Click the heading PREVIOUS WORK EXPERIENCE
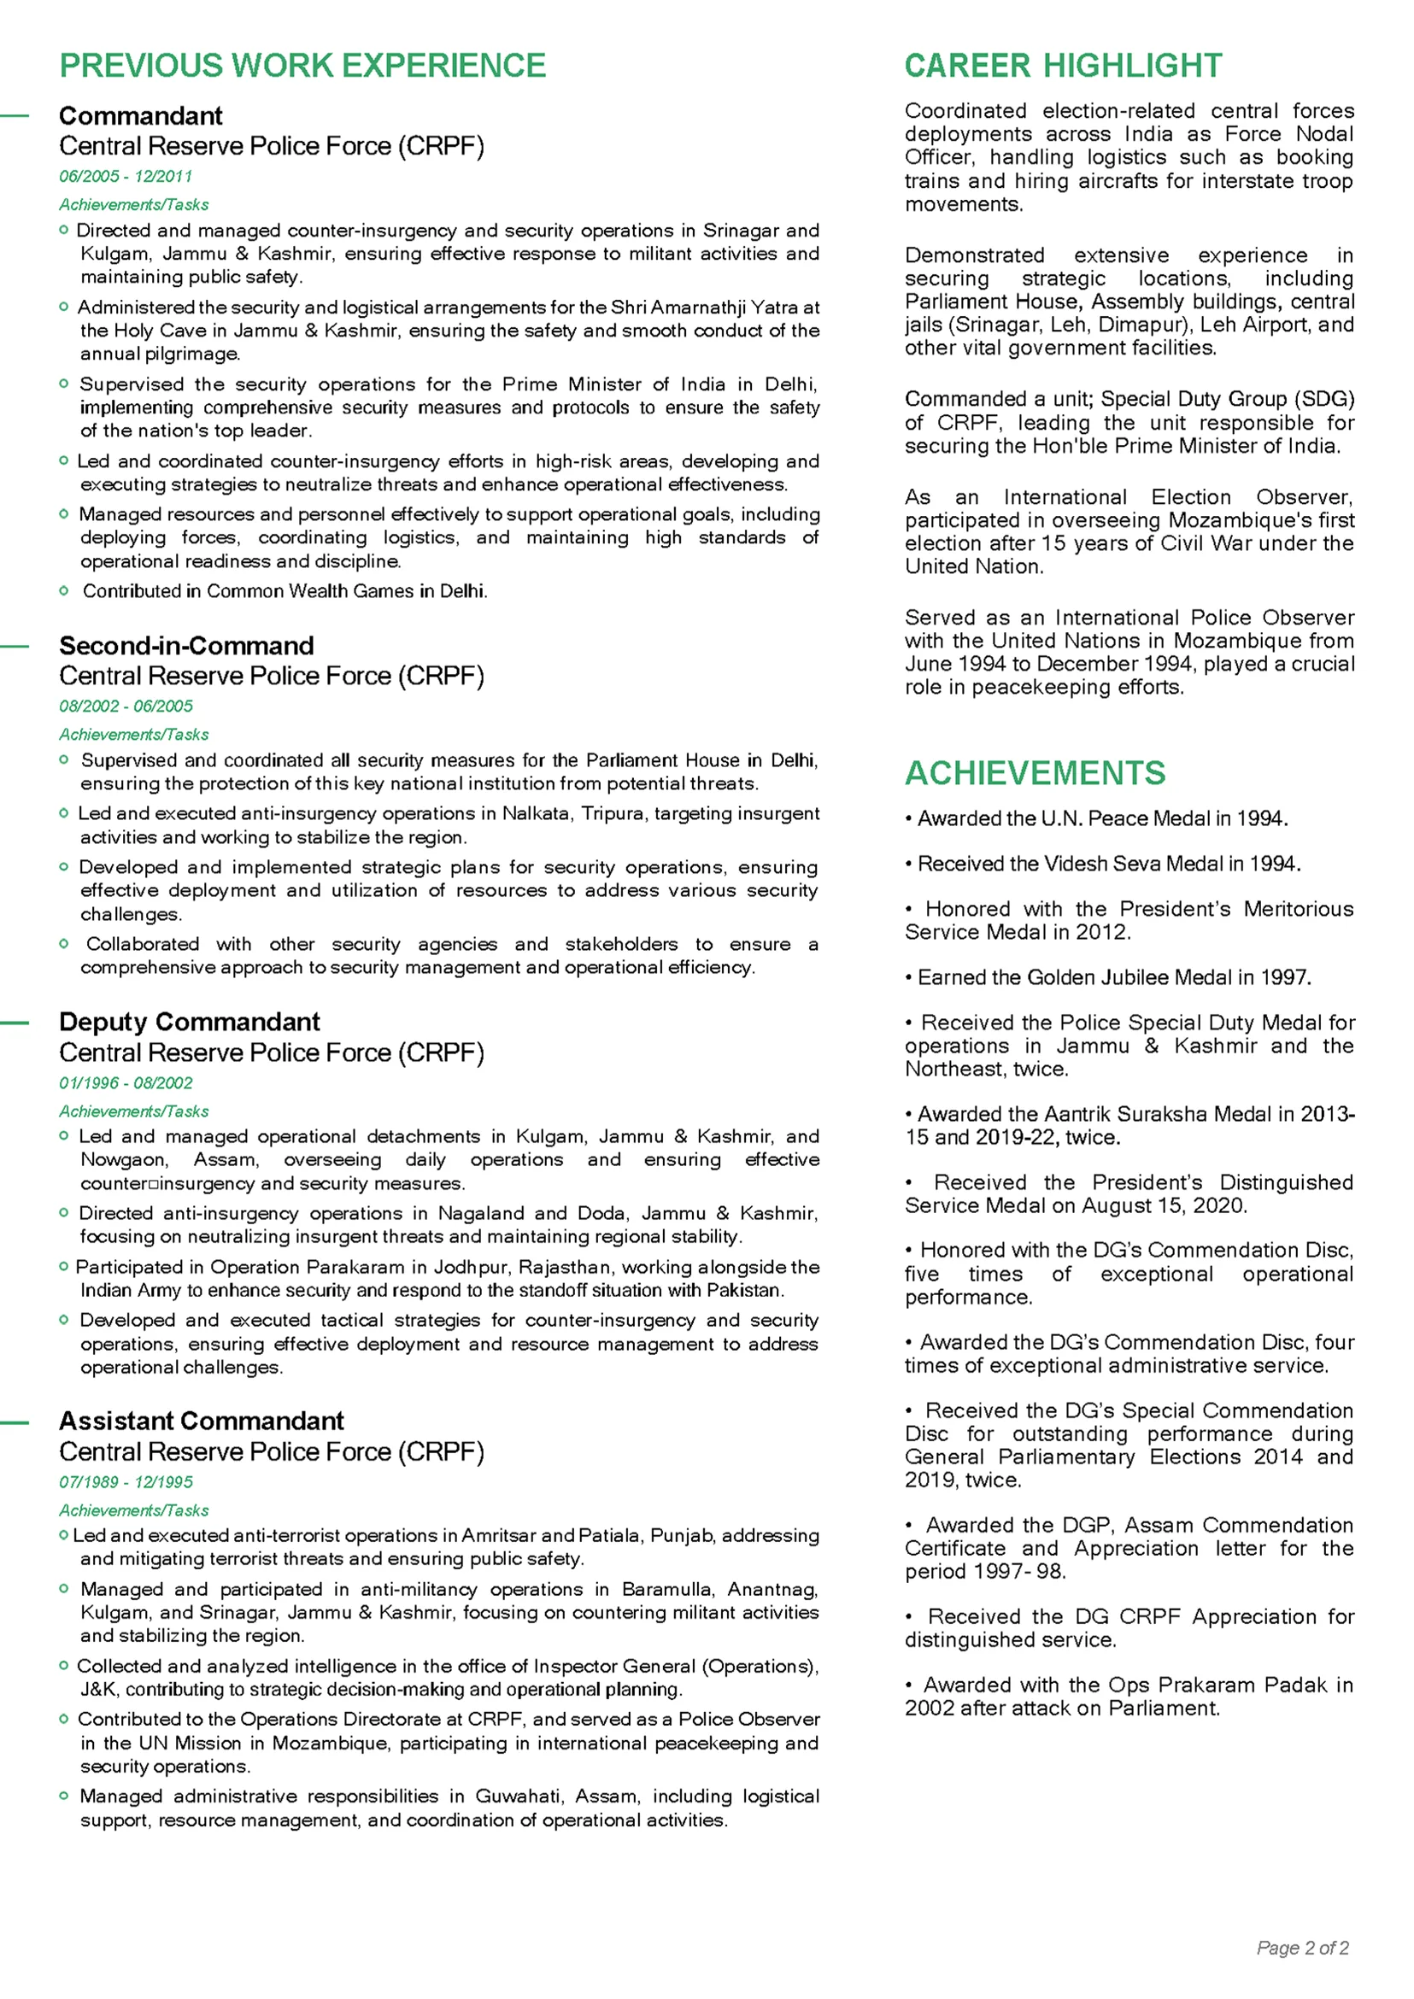302,66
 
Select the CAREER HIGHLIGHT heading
1063,66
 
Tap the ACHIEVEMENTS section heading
1035,773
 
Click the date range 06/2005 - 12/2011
126,177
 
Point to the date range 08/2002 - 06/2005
126,706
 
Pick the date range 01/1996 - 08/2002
126,1083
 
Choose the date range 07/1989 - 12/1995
126,1482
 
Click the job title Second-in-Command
186,646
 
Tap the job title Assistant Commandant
201,1421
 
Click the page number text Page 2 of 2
1303,1948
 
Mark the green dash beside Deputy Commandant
15,1023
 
